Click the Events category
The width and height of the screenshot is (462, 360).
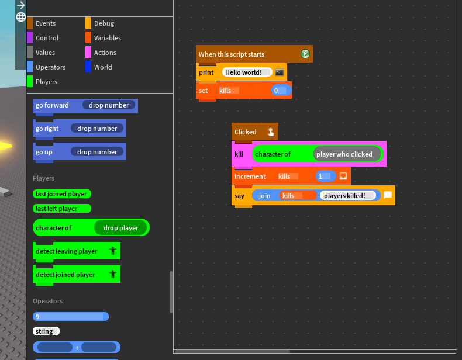pos(45,23)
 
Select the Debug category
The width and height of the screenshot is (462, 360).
pos(104,23)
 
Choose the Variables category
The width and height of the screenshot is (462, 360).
pos(107,38)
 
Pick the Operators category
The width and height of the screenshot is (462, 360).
pos(50,67)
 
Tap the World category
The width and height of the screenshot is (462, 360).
pos(102,67)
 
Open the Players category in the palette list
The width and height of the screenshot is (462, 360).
pos(46,82)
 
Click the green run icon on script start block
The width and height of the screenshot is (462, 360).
pos(305,54)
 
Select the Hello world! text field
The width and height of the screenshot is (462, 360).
pos(246,72)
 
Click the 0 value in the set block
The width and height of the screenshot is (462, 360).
pos(280,91)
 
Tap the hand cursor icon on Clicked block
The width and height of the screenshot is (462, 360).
pos(271,132)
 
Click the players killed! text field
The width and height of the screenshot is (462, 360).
pos(346,196)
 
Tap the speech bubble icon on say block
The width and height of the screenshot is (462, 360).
pos(388,196)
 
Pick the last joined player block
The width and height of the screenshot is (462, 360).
pos(61,194)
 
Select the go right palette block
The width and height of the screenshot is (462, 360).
pos(48,129)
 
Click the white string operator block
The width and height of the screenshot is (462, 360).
pos(45,331)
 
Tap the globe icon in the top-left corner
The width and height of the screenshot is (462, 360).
pos(21,17)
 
